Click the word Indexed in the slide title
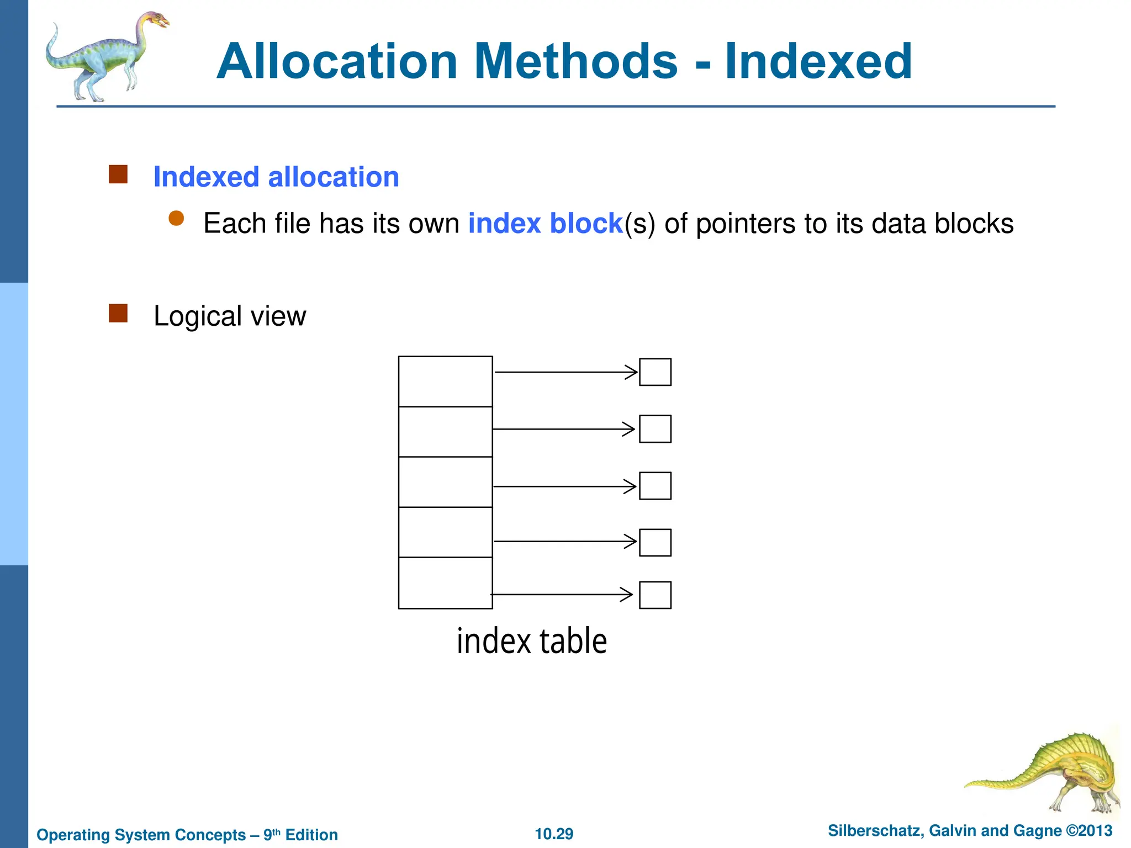pyautogui.click(x=818, y=62)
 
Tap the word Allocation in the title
pyautogui.click(x=337, y=62)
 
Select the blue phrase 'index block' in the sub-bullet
pyautogui.click(x=545, y=224)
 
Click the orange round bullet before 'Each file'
pyautogui.click(x=176, y=219)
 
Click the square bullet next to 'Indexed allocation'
pyautogui.click(x=118, y=174)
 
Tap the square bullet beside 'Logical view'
pyautogui.click(x=118, y=313)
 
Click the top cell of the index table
pyautogui.click(x=445, y=381)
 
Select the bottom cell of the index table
pyautogui.click(x=445, y=583)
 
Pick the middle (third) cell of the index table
pyautogui.click(x=445, y=482)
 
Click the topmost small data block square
pyautogui.click(x=655, y=372)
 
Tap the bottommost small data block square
pyautogui.click(x=655, y=595)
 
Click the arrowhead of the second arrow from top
pyautogui.click(x=629, y=429)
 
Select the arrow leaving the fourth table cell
pyautogui.click(x=563, y=542)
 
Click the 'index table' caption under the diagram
pyautogui.click(x=532, y=642)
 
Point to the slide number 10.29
pyautogui.click(x=554, y=834)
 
